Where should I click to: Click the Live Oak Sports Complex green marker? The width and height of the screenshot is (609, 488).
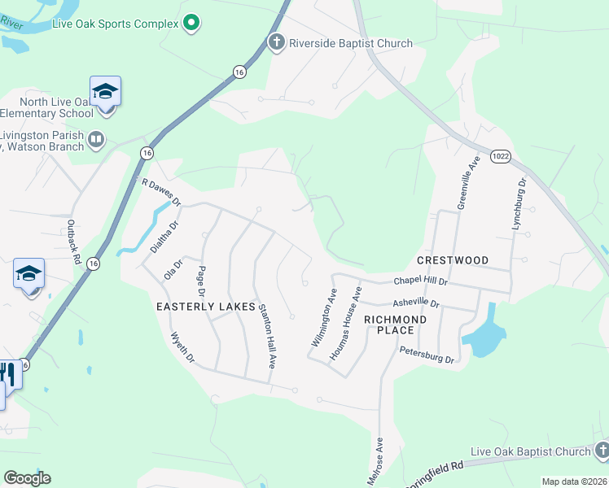[x=191, y=24]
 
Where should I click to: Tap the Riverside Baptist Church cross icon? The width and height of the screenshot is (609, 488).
[x=277, y=43]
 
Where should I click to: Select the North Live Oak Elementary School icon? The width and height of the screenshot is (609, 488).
[x=105, y=91]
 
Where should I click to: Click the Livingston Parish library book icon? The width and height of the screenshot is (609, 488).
[x=97, y=140]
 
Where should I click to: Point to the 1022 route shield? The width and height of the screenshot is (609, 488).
[x=500, y=155]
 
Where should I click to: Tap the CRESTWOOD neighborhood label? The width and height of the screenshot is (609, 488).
[x=453, y=260]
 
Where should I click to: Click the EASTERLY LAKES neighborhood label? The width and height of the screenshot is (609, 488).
[x=200, y=306]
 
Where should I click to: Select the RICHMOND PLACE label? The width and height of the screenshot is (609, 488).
[x=395, y=325]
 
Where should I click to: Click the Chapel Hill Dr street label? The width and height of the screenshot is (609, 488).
[x=422, y=280]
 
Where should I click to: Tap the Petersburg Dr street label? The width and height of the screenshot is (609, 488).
[x=426, y=353]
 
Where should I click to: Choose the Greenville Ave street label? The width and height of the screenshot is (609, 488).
[x=469, y=185]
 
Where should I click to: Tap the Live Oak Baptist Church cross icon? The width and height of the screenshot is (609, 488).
[x=601, y=451]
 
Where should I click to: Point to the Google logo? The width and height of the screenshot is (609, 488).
[x=27, y=478]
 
